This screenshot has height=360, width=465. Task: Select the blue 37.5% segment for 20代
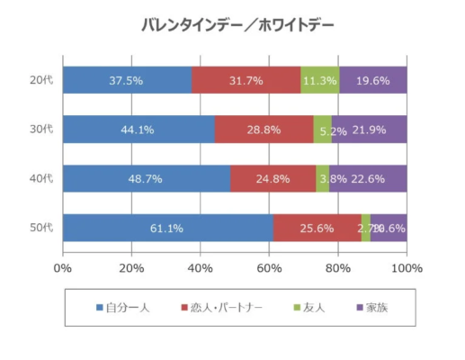(127, 80)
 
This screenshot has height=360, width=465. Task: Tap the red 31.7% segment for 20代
(246, 80)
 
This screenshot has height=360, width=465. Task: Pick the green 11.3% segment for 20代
(319, 80)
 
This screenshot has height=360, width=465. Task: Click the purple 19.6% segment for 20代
(372, 80)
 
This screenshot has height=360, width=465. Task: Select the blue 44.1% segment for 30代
(139, 130)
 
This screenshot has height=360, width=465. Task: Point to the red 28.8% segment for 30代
(264, 130)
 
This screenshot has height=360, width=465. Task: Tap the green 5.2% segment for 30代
(322, 130)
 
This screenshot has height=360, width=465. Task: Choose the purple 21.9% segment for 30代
(369, 130)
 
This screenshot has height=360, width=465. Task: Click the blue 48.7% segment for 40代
(146, 178)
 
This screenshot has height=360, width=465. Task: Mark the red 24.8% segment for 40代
(273, 178)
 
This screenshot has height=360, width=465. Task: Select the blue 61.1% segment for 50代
(167, 228)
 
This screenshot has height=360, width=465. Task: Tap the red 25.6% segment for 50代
(317, 228)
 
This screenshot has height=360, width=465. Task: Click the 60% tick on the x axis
(269, 267)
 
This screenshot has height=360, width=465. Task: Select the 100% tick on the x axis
(406, 267)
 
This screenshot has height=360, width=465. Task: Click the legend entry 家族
(371, 308)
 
